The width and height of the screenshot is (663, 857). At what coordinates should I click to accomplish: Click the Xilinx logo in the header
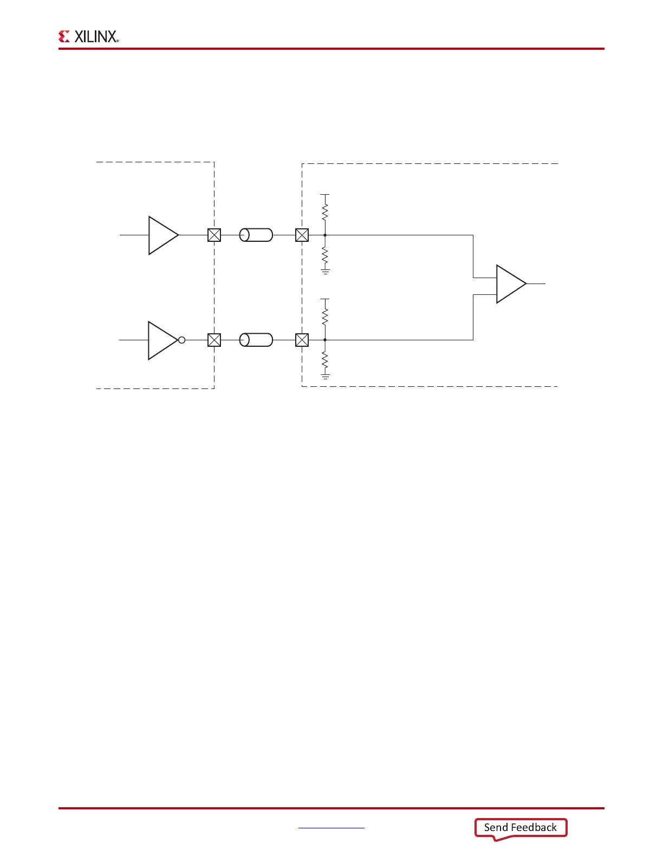coord(88,36)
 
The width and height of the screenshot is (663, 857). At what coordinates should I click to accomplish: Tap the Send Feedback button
coord(521,828)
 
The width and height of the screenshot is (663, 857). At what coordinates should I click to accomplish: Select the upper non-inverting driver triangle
coord(161,235)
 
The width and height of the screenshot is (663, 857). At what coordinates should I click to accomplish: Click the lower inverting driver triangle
coord(161,340)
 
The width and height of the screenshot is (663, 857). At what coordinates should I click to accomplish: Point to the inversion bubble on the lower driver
coord(182,340)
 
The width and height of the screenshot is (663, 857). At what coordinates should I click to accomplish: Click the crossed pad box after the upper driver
coord(214,235)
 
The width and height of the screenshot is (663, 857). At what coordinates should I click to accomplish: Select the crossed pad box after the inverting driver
coord(214,340)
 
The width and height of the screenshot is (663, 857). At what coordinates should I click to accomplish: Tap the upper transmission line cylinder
coord(256,235)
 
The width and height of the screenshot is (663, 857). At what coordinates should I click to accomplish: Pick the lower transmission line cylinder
coord(256,340)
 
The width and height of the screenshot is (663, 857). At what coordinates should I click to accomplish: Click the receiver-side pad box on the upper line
coord(302,235)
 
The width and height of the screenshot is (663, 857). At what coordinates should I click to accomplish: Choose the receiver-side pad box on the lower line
coord(302,340)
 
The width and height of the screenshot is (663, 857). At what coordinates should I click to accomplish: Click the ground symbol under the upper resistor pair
coord(325,271)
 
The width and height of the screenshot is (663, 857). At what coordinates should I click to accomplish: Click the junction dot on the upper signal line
coord(325,235)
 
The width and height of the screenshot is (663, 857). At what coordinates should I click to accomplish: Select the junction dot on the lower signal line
coord(325,340)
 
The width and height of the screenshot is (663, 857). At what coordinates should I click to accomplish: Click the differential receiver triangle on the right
coord(509,284)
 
